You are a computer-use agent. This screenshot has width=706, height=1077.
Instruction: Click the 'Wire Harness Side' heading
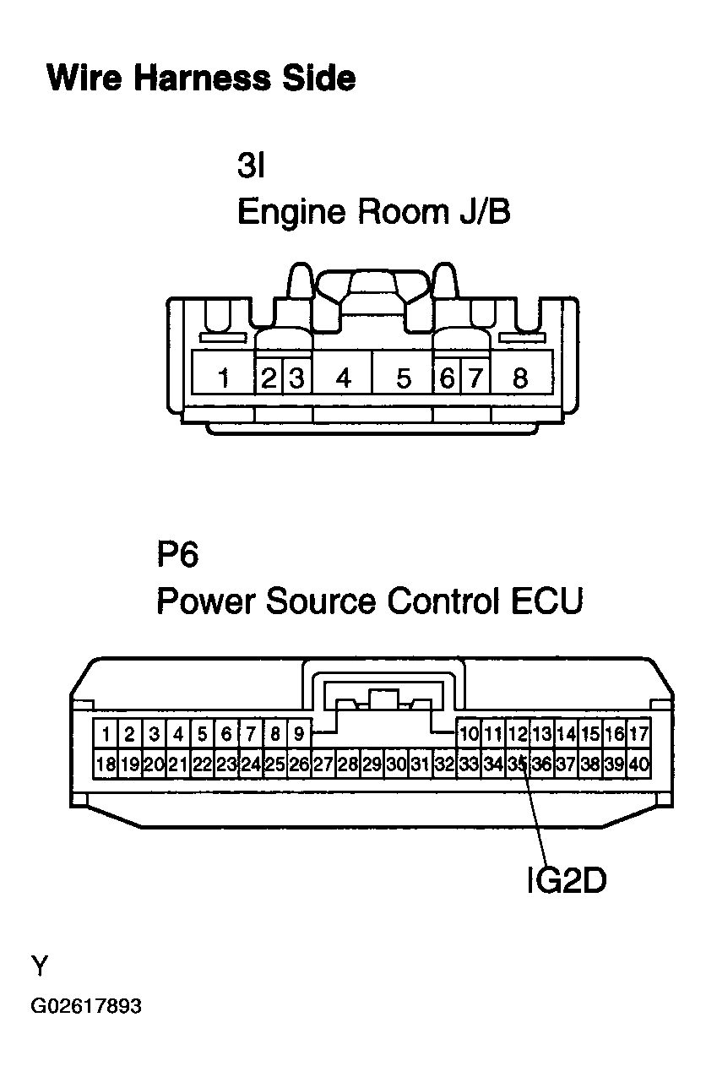201,78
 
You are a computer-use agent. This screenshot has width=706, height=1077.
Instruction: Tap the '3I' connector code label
251,166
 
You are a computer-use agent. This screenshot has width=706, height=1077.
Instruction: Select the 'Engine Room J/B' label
373,212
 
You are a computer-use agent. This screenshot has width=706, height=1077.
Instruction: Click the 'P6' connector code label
177,554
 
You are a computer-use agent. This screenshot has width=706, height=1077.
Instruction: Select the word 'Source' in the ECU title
321,601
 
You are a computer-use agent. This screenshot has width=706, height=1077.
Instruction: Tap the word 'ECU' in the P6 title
547,601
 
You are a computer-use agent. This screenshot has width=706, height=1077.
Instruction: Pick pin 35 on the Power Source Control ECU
518,764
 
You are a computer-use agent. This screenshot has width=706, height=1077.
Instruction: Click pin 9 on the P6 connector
299,734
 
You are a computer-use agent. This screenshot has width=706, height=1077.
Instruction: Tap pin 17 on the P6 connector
639,734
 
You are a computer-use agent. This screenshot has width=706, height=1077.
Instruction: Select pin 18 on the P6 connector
106,764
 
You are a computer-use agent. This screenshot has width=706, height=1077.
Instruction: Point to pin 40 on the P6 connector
639,764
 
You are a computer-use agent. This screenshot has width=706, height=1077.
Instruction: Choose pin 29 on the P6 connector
372,764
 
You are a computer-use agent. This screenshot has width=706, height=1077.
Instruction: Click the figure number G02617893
86,1006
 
